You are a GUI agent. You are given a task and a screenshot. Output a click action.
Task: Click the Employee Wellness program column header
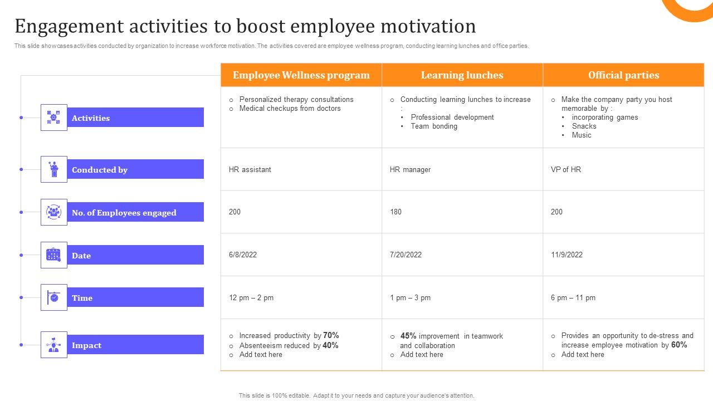301,75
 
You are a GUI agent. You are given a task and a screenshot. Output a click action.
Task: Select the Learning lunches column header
462,75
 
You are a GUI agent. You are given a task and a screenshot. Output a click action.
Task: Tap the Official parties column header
623,75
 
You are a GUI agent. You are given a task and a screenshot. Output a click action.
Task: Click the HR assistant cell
250,169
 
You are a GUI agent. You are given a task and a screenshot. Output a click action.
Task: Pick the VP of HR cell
566,169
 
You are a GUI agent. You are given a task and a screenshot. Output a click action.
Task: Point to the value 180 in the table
395,212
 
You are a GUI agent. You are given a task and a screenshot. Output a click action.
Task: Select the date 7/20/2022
406,255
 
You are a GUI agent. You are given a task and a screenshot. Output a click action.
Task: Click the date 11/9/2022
567,255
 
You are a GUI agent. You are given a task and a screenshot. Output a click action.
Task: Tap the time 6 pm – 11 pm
573,297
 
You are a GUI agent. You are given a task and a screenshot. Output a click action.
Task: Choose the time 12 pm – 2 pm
251,297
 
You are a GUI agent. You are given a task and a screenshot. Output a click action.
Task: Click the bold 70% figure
331,335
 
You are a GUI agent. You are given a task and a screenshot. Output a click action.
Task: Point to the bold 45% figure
408,336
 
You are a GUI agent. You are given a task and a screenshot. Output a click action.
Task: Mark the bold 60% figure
679,345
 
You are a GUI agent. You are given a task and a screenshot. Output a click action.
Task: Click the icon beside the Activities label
53,118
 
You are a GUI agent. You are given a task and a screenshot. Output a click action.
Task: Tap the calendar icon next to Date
53,255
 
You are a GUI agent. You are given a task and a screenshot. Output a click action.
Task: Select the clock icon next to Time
53,297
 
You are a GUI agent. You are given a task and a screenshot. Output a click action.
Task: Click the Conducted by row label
100,170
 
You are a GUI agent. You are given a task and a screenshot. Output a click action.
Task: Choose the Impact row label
86,345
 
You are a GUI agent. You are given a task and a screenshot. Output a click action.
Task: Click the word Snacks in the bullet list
584,126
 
